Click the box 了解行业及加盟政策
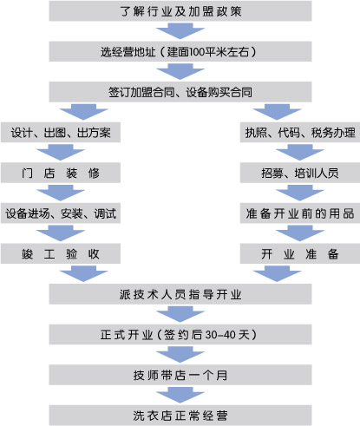180,11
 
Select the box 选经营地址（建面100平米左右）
180,51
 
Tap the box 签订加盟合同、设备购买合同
180,92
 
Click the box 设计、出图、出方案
61,132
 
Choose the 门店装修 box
61,173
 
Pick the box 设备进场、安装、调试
61,213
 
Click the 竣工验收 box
61,253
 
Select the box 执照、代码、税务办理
300,132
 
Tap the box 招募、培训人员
300,173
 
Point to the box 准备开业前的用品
300,213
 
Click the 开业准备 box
300,253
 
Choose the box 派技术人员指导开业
180,294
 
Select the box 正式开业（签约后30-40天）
180,334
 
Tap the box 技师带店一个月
180,375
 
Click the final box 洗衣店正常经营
180,416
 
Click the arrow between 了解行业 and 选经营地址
180,31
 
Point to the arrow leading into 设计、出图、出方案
83,112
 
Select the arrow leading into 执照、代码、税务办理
277,112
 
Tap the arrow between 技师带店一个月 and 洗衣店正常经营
180,395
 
